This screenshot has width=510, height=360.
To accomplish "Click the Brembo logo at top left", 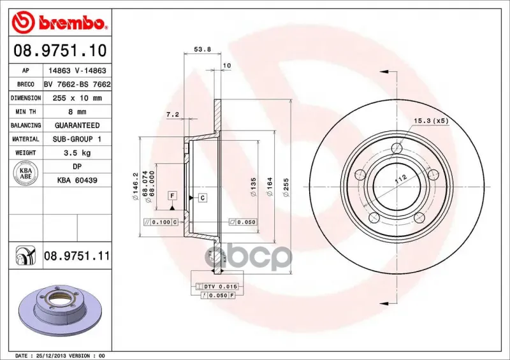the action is click(59, 22).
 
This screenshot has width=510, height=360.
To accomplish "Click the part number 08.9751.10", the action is click(60, 50).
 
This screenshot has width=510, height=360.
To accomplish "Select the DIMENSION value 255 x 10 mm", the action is click(77, 98).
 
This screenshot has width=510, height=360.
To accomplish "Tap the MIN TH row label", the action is click(25, 112).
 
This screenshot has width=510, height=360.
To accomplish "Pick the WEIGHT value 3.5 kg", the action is click(77, 153).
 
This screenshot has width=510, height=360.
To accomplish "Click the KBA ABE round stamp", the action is click(25, 173).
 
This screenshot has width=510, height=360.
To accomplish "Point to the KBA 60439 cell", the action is click(77, 180).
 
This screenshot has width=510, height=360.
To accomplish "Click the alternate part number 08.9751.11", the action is click(76, 256).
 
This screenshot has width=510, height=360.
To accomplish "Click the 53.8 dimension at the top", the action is click(202, 50).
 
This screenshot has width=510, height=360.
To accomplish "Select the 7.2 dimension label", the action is click(172, 115).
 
